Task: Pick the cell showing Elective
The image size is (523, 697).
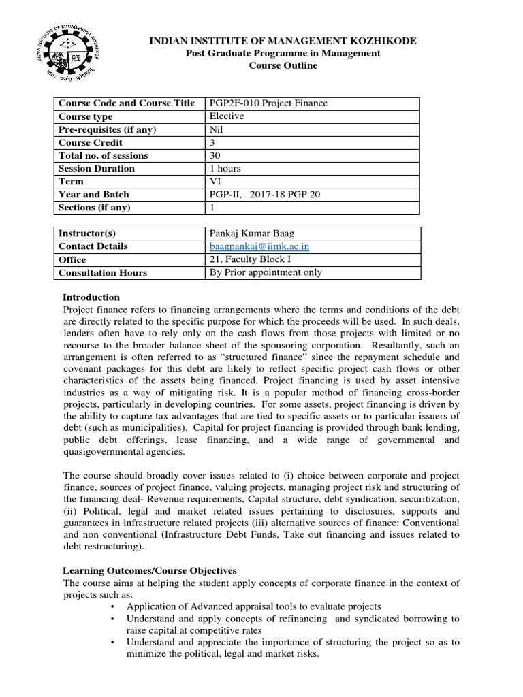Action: point(227,116)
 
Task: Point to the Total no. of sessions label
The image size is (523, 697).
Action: point(103,156)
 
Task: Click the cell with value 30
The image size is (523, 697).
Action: point(215,156)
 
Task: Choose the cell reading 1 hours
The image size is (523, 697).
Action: point(225,169)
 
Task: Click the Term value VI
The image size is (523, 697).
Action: point(216,182)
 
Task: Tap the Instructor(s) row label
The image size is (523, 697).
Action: point(86,233)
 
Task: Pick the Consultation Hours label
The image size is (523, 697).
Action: point(102,273)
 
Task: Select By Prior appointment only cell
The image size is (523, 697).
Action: point(266,272)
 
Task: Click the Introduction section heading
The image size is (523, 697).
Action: point(91,297)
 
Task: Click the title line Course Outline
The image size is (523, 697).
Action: point(283,66)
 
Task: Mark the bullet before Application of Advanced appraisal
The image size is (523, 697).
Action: point(112,606)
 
